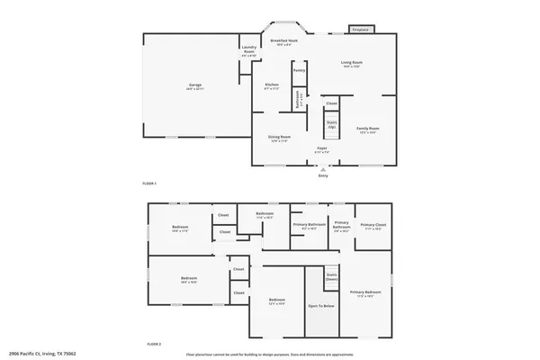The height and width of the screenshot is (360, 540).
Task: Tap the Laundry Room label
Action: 248,52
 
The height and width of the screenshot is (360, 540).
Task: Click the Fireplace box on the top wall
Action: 361,30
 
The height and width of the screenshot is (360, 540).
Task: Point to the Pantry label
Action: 299,69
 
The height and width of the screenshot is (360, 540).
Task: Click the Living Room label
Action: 351,64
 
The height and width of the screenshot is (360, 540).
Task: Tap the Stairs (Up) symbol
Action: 331,123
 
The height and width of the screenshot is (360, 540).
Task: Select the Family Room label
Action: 367,130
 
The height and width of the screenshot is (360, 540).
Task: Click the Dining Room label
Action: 280,139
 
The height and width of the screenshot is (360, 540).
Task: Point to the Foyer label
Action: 321,149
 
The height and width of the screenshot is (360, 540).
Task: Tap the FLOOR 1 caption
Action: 149,184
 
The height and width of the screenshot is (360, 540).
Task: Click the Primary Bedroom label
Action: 366,293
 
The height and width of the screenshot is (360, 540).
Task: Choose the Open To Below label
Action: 321,306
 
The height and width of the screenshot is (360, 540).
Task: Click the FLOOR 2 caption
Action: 155,344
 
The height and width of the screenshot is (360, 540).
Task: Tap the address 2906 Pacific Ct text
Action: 43,354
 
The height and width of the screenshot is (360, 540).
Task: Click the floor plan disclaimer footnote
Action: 271,354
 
